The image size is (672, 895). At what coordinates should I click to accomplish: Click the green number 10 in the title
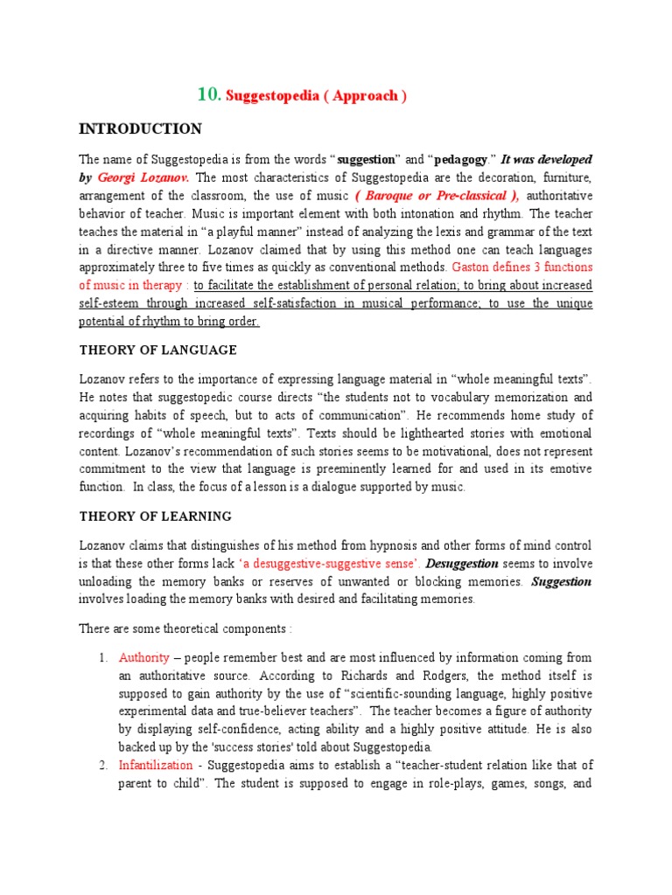pyautogui.click(x=208, y=95)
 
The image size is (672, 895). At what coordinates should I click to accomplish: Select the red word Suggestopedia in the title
pyautogui.click(x=268, y=96)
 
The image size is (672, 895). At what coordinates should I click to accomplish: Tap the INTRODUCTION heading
pyautogui.click(x=140, y=129)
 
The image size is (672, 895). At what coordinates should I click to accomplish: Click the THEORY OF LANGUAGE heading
pyautogui.click(x=157, y=350)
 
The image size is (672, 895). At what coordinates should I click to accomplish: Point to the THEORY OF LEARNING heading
pyautogui.click(x=155, y=516)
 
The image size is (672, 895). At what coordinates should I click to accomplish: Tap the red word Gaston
pyautogui.click(x=473, y=267)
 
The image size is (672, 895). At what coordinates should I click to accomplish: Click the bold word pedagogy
pyautogui.click(x=444, y=160)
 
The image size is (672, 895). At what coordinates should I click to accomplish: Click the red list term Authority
pyautogui.click(x=143, y=657)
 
